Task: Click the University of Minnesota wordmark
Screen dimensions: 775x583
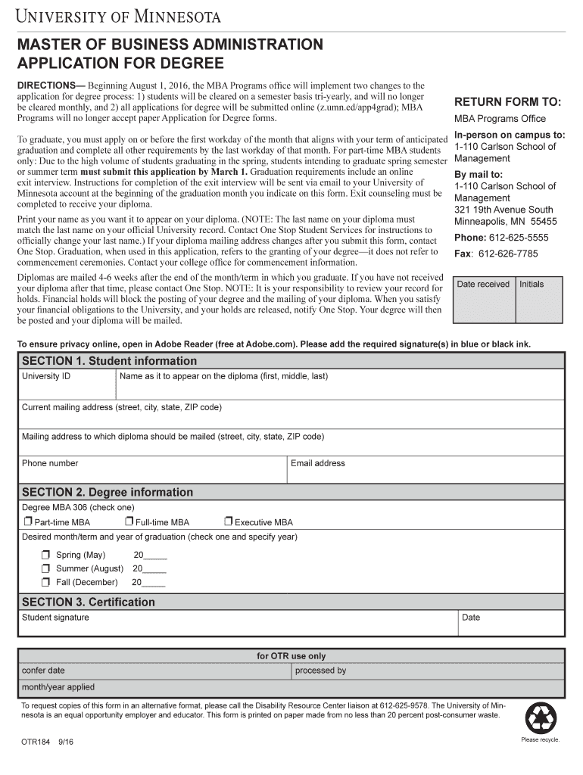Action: pos(120,16)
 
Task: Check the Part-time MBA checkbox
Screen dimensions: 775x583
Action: pos(28,521)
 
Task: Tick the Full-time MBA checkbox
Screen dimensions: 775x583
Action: pos(129,521)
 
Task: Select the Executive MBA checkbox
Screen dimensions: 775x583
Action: pos(229,521)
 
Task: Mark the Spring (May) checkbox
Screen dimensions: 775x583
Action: pos(46,556)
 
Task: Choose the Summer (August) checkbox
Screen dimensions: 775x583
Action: pos(46,569)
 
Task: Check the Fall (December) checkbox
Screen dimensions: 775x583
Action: pos(46,583)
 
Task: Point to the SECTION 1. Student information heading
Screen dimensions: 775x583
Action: pos(109,361)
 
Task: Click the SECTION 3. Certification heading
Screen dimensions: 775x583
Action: pos(89,602)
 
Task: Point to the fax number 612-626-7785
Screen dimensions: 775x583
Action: pos(507,254)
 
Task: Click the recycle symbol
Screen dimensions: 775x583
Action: pos(541,717)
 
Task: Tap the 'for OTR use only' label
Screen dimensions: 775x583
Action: pos(291,656)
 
